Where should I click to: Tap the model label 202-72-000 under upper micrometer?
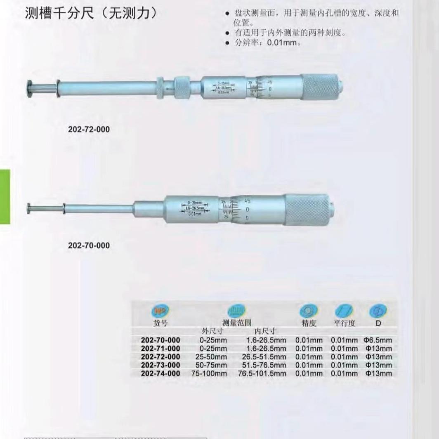(x=89, y=130)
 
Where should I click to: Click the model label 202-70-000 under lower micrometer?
(x=89, y=245)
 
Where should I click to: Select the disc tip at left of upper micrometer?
(x=29, y=87)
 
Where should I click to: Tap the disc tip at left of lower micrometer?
(x=28, y=208)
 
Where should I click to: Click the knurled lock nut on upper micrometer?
(x=181, y=87)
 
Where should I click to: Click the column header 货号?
(x=160, y=323)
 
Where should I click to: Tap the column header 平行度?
(x=344, y=323)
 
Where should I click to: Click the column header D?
(x=378, y=323)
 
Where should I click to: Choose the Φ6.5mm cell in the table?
(x=378, y=340)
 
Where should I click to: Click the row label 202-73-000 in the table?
(x=160, y=365)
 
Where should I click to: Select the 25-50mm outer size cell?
(x=213, y=357)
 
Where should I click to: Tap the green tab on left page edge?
(x=5, y=197)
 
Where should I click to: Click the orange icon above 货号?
(x=160, y=311)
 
